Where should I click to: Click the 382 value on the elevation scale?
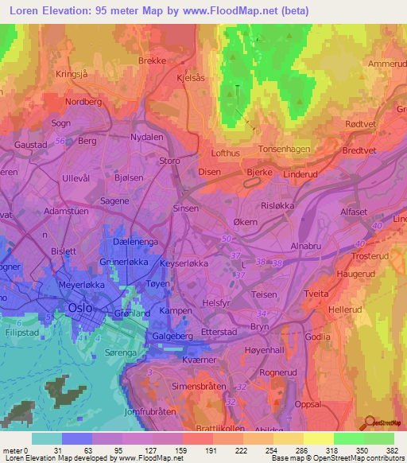click(393, 450)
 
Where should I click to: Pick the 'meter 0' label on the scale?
click(14, 450)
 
